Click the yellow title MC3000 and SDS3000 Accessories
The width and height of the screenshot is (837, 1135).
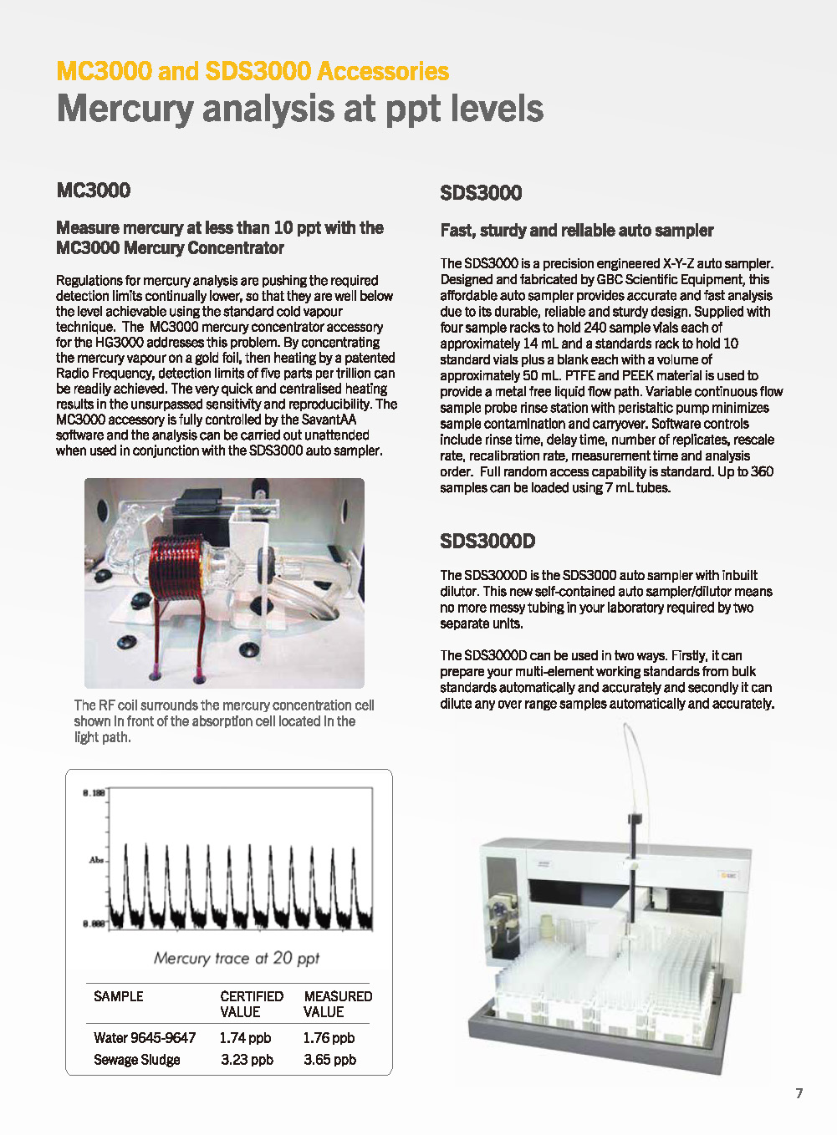click(253, 71)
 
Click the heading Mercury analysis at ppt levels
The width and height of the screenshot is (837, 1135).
click(299, 109)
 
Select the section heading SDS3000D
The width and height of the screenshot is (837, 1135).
click(487, 541)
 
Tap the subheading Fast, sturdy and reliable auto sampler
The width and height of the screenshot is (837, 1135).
click(577, 230)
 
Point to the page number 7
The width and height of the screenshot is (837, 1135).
click(799, 1093)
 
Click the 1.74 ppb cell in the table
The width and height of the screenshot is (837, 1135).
click(245, 1037)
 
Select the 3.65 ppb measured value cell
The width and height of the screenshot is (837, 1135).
click(329, 1059)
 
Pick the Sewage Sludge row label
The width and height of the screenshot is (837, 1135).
click(137, 1059)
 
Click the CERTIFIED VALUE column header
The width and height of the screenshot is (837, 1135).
click(251, 1004)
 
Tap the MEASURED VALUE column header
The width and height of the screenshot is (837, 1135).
click(337, 1004)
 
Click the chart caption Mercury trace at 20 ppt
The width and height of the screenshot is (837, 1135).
click(237, 958)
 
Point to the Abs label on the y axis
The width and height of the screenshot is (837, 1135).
click(96, 859)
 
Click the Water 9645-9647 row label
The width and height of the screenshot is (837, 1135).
click(145, 1037)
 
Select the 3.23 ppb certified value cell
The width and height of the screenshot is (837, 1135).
click(247, 1059)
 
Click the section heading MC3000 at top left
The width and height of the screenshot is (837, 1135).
click(93, 190)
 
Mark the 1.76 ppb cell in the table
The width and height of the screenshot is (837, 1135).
click(329, 1037)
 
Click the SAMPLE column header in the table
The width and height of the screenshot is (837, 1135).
click(119, 996)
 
